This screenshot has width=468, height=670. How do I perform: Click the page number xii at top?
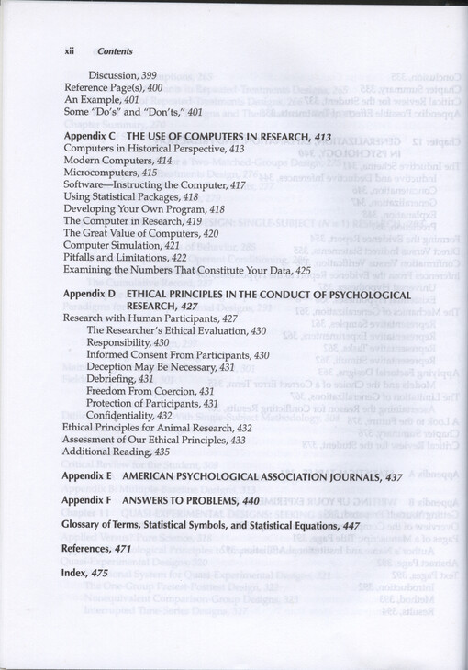(69, 51)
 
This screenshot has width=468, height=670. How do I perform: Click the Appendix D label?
(89, 295)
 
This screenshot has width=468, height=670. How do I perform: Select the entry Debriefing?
(111, 379)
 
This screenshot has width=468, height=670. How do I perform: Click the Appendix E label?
(87, 477)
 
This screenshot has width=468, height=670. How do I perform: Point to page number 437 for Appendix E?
(393, 477)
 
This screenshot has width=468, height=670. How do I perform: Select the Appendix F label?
(87, 501)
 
